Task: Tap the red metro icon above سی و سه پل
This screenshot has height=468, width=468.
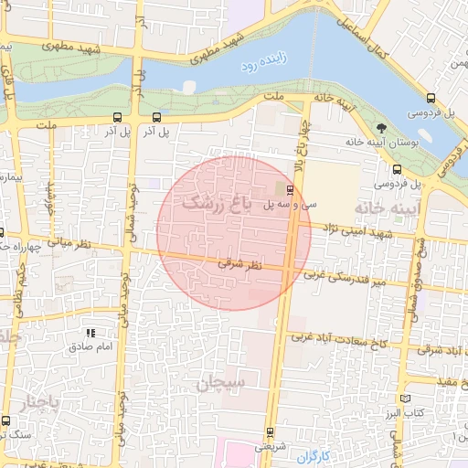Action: (290, 190)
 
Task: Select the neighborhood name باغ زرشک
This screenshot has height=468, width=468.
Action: (218, 203)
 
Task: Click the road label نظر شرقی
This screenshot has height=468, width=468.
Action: (241, 263)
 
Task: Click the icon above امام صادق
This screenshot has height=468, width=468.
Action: (90, 334)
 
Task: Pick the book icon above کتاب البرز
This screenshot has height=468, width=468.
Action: (406, 399)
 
